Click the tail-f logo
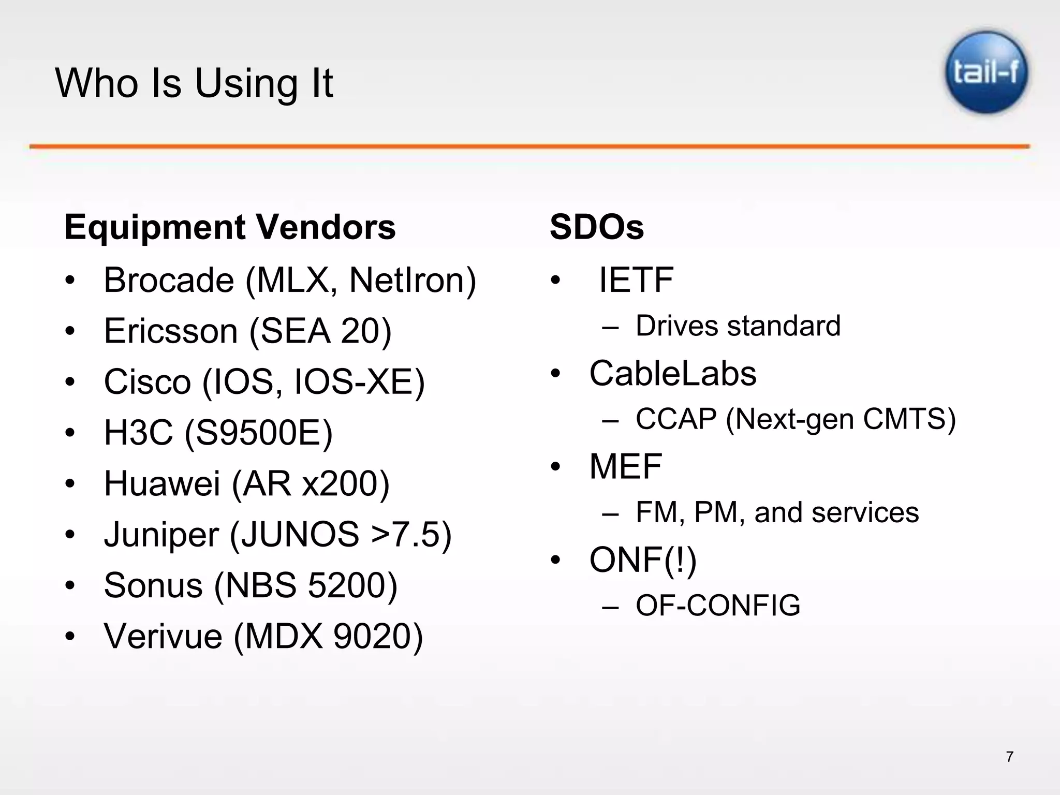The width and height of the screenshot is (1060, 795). tap(987, 72)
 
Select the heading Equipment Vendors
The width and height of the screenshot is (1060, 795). tap(230, 227)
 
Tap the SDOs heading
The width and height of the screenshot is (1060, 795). tap(597, 227)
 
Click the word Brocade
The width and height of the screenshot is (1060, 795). tap(169, 280)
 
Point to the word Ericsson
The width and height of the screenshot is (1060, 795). tap(171, 331)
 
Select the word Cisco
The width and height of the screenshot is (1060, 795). tap(148, 381)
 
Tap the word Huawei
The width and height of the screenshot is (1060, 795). tap(163, 483)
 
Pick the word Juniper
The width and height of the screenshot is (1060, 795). tap(161, 534)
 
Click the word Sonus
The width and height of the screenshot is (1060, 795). tap(153, 585)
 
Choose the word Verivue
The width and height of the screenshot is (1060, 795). tap(163, 636)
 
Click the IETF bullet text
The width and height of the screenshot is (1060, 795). tap(636, 280)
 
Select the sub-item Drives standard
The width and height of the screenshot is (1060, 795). tap(738, 326)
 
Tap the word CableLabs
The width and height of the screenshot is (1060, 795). tap(673, 373)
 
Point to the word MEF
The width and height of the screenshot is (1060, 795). tap(626, 466)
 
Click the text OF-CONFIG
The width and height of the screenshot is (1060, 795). tap(718, 606)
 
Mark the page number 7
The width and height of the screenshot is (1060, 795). tap(1009, 757)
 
